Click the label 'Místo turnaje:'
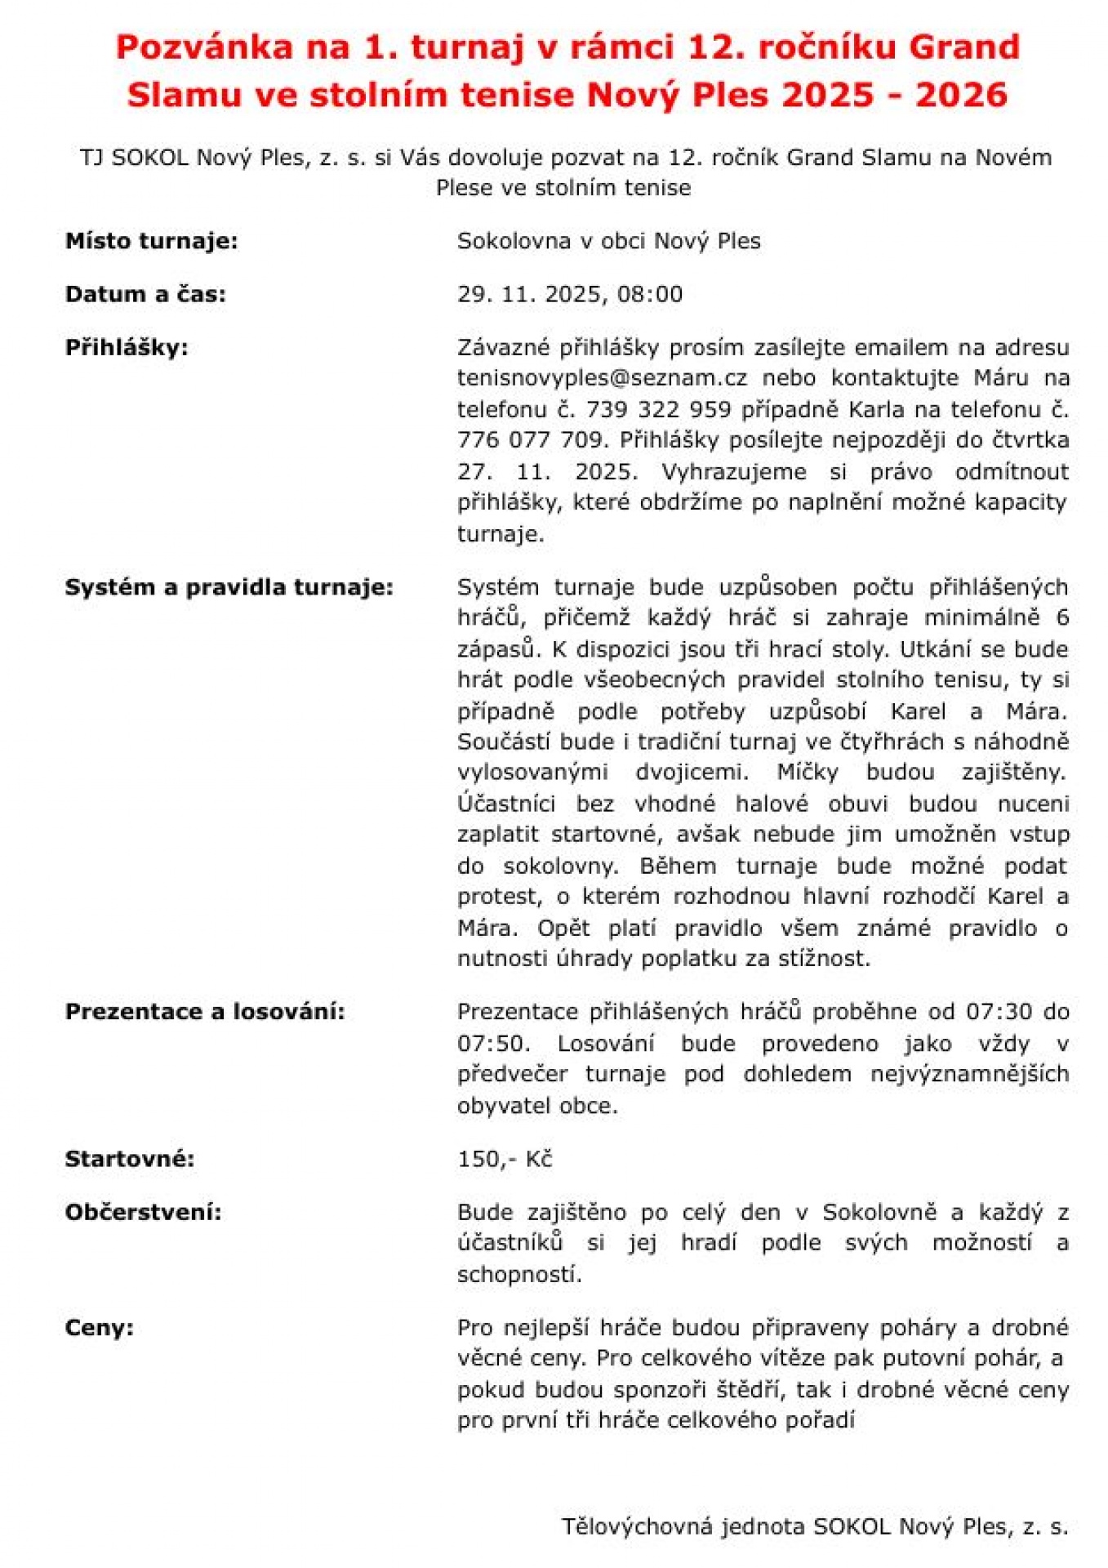[151, 242]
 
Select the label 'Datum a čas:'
[145, 295]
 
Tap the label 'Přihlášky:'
[127, 348]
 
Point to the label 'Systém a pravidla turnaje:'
[229, 588]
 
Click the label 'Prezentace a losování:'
[205, 1013]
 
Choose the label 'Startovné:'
[130, 1160]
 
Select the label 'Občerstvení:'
[143, 1213]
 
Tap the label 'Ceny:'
[99, 1328]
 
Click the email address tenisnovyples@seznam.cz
[602, 378]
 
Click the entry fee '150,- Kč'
[505, 1160]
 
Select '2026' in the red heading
[961, 96]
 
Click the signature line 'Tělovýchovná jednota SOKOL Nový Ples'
[813, 1526]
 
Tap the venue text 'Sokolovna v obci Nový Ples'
[608, 242]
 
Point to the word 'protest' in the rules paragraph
[498, 897]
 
